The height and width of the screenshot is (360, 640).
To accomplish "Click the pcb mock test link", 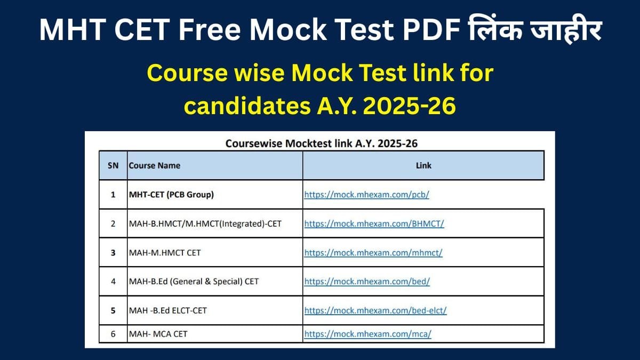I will click(x=366, y=195).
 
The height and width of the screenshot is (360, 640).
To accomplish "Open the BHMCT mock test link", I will click(x=374, y=223).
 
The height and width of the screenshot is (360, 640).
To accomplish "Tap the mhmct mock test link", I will click(x=373, y=252).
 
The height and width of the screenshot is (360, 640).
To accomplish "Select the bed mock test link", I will click(x=367, y=281).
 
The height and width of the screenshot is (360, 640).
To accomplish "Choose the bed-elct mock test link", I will click(x=375, y=310).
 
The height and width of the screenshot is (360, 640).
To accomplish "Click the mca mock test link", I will click(x=367, y=334).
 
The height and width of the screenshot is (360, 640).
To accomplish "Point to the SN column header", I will click(x=113, y=165).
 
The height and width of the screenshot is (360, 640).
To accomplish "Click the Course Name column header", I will click(x=155, y=165).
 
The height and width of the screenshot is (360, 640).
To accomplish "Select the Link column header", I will click(x=423, y=165).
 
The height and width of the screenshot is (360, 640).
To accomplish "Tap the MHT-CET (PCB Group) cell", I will click(x=171, y=195).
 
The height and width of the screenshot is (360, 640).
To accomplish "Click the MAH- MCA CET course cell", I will click(x=158, y=334).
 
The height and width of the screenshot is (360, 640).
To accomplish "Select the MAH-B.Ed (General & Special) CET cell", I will click(x=194, y=281).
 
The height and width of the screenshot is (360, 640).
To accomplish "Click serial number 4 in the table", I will click(x=113, y=281).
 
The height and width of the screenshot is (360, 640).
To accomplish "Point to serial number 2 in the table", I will click(x=113, y=223).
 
